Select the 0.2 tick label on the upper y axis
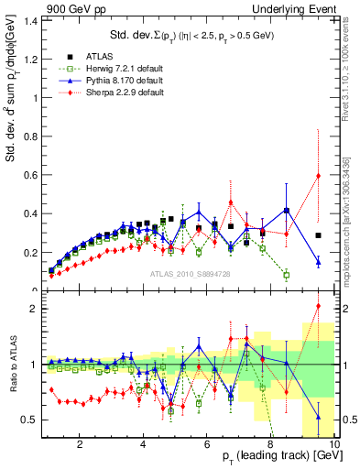pyautogui.click(x=33, y=252)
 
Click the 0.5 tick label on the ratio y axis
pyautogui.click(x=33, y=420)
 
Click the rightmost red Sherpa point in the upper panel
pyautogui.click(x=318, y=176)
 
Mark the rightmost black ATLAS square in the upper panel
pyautogui.click(x=318, y=235)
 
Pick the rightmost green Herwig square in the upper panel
pyautogui.click(x=287, y=275)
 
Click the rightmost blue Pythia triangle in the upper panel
pyautogui.click(x=318, y=262)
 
